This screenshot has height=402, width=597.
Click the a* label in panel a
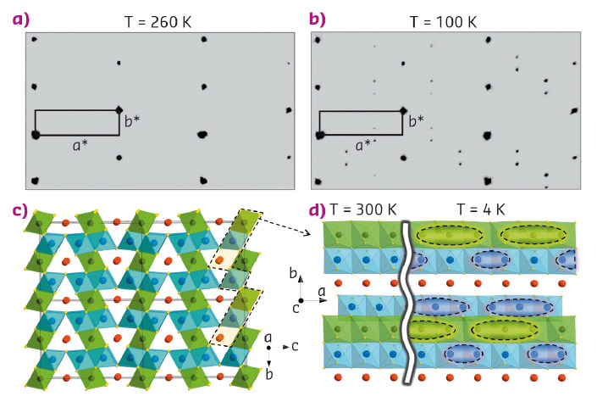[x=80, y=145]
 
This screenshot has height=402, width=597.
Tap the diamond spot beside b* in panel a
[x=119, y=109]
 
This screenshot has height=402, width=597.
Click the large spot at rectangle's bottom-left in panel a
[x=36, y=134]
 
